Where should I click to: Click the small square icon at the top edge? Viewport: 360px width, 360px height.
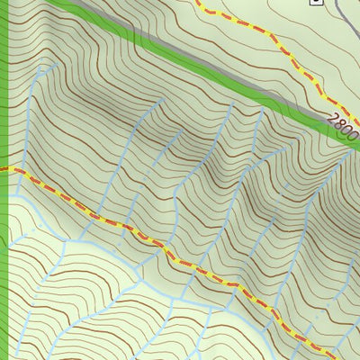pos(315,2)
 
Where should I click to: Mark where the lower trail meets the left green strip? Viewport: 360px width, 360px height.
pos(9,168)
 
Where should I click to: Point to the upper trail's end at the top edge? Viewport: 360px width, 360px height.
pos(200,2)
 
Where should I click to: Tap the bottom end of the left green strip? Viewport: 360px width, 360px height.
pos(4,357)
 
